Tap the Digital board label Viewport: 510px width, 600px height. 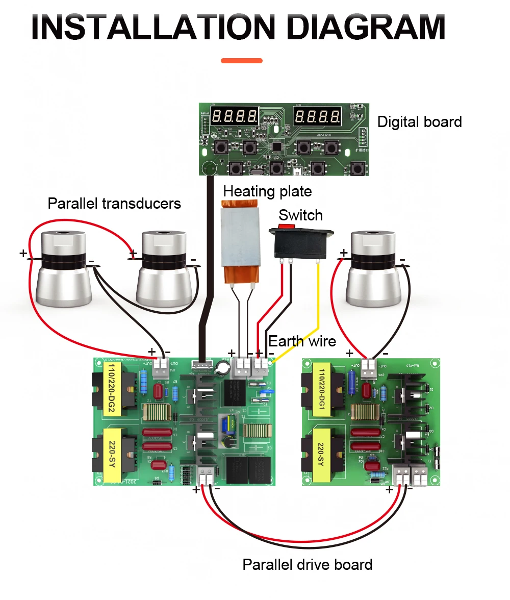(419, 122)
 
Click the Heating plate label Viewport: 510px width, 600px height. (267, 191)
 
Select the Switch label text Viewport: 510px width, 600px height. (300, 215)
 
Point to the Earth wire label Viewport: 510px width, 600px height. (302, 341)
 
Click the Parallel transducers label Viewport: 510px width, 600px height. (114, 204)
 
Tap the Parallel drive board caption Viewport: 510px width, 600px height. (307, 565)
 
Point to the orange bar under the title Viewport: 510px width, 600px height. (242, 61)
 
